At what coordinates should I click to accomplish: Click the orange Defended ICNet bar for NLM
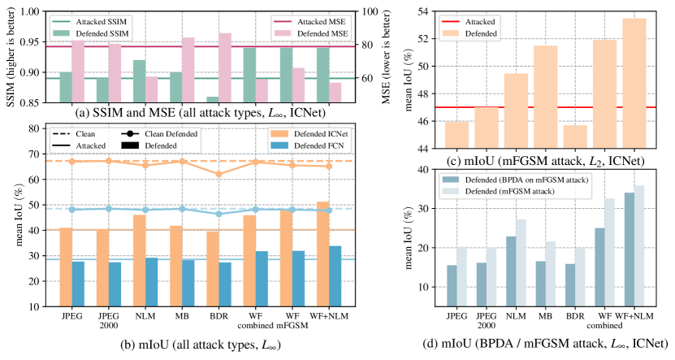(x=140, y=260)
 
